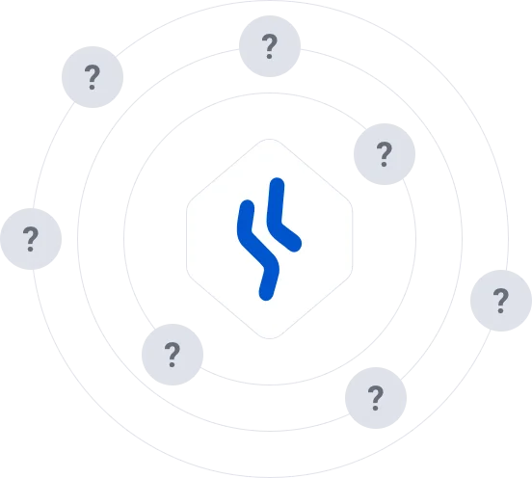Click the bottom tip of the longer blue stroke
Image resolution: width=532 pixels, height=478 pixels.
coord(266,294)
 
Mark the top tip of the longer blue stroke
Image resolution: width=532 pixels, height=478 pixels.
coord(247,206)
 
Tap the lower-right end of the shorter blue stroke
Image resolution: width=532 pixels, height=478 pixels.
coord(295,245)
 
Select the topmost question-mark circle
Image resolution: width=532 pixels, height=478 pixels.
coord(270,46)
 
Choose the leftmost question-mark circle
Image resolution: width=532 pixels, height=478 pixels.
coord(31,239)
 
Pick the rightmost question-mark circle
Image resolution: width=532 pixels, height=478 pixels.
coord(501,301)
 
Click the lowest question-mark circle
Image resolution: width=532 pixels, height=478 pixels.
coord(376,398)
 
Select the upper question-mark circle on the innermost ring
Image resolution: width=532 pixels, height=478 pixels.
coord(385,154)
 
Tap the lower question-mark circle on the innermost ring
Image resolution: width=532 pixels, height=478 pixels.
coord(173,355)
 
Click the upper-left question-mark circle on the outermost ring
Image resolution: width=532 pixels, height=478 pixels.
coord(93,77)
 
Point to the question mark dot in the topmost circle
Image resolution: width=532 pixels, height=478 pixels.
coord(270,56)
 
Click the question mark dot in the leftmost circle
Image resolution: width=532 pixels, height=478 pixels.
coord(30,250)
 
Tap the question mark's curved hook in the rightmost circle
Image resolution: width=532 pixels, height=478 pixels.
coord(501,295)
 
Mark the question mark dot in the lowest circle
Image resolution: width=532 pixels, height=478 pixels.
coord(375,408)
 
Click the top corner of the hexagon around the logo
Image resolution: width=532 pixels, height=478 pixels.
coord(270,139)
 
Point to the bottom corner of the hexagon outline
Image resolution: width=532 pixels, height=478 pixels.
coord(270,338)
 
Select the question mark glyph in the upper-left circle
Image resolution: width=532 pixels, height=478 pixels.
coord(92,77)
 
